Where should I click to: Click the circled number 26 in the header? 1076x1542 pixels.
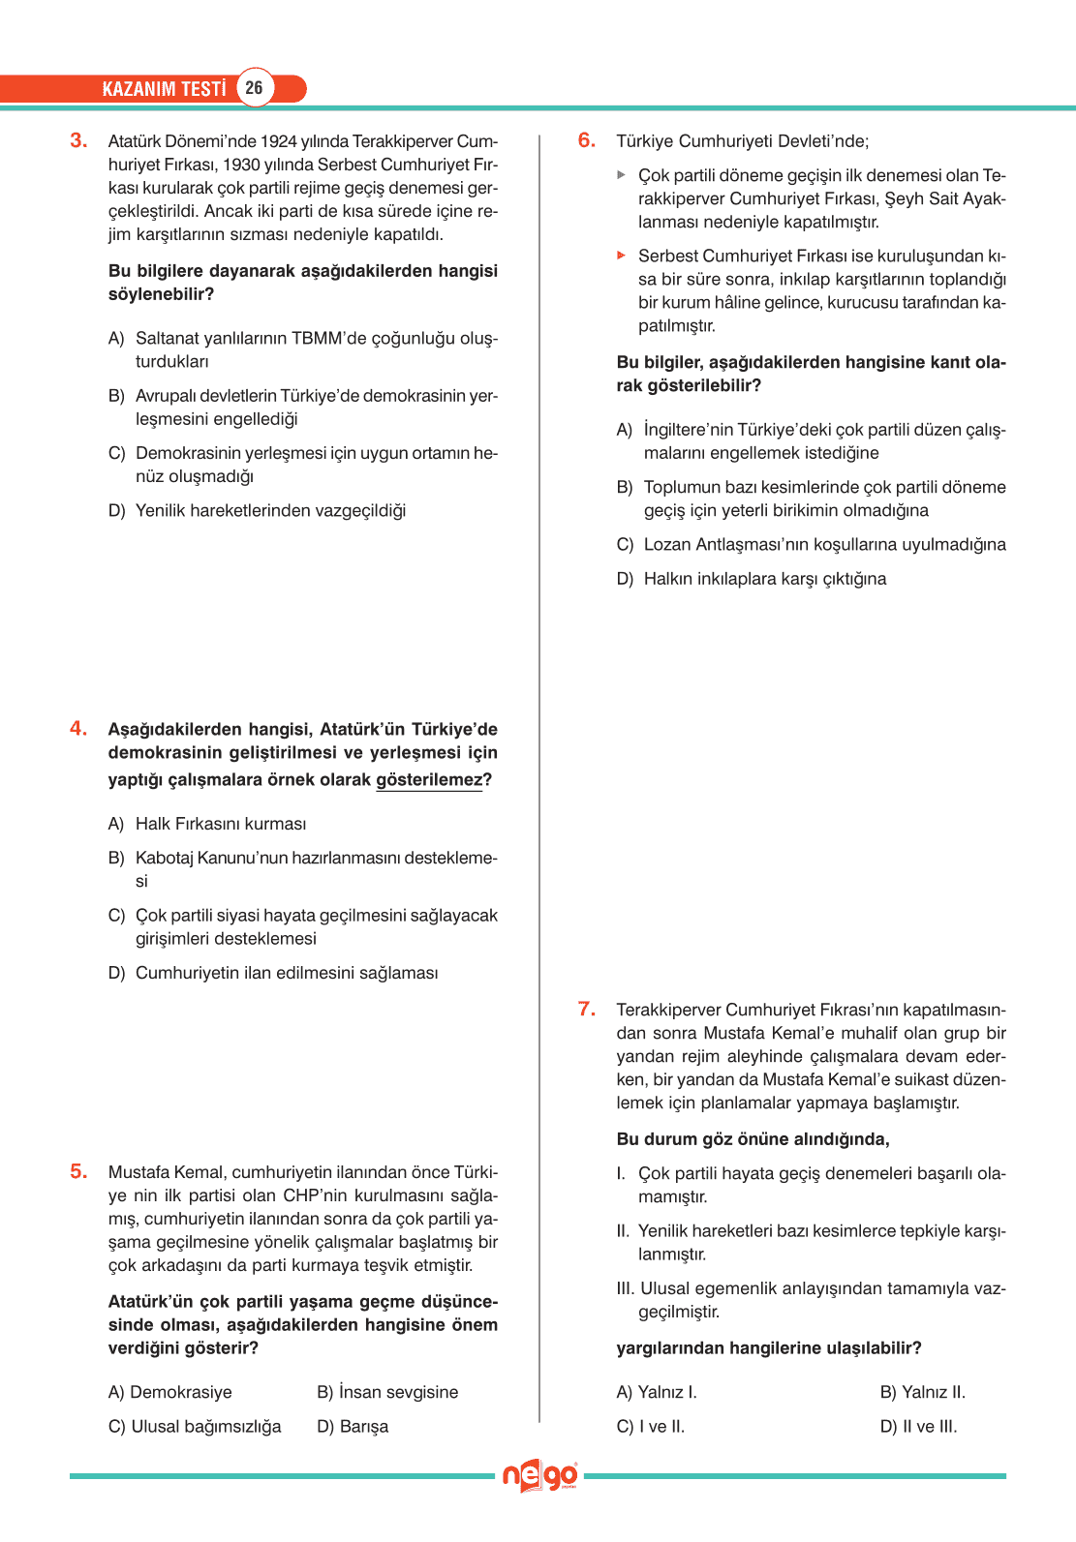click(254, 88)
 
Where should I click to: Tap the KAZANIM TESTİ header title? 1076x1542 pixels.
click(164, 89)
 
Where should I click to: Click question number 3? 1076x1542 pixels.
click(78, 140)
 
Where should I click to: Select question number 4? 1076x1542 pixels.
click(78, 729)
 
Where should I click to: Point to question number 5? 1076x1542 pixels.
click(78, 1172)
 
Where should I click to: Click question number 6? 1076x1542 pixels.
click(587, 140)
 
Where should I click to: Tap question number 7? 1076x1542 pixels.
click(587, 1010)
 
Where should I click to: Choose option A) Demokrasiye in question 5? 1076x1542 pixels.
click(170, 1392)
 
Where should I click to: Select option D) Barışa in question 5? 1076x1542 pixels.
click(353, 1427)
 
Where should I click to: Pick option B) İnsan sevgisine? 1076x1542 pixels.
click(387, 1392)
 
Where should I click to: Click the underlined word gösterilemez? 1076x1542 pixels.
click(429, 780)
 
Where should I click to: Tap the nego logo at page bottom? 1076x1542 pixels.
click(539, 1476)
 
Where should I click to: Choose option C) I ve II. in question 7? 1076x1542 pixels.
click(651, 1427)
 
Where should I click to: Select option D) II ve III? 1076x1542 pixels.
click(918, 1427)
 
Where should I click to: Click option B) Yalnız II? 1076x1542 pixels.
click(922, 1392)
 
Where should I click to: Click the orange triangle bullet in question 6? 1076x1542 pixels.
click(622, 256)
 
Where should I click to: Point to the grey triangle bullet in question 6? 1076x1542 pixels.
click(622, 175)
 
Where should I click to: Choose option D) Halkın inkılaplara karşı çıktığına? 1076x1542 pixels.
click(752, 579)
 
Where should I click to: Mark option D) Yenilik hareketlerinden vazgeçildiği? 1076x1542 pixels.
click(258, 511)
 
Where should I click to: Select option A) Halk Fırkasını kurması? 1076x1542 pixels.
click(207, 824)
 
